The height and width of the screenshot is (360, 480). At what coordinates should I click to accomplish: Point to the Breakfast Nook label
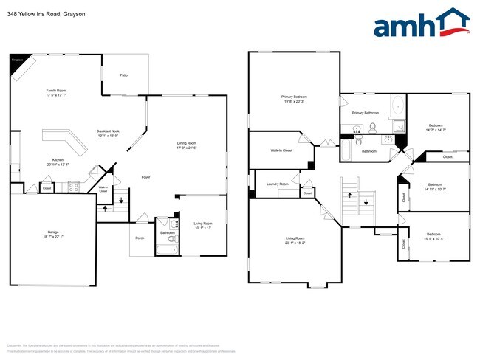(108, 131)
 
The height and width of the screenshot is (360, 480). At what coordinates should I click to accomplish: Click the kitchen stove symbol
(73, 187)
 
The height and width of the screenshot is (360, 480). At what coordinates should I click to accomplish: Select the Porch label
(140, 238)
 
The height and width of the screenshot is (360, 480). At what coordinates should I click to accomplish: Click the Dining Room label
(187, 143)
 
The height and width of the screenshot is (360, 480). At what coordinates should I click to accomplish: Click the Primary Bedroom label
(293, 97)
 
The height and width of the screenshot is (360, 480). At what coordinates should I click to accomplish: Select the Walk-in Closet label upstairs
(281, 150)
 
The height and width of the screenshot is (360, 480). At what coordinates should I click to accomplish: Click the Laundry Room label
(277, 184)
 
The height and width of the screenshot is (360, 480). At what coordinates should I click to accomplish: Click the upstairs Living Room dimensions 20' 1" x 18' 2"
(295, 242)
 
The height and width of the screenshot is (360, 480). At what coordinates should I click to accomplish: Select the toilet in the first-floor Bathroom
(171, 238)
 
